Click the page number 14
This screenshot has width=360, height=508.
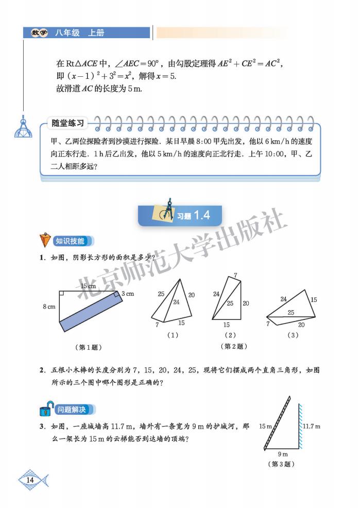click(x=30, y=480)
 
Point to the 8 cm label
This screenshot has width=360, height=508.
click(x=49, y=307)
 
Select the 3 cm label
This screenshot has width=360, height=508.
click(x=128, y=294)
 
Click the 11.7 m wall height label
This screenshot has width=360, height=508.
click(x=311, y=426)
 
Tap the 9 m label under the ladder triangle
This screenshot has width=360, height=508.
click(x=282, y=454)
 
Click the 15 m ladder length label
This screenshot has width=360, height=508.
click(x=265, y=426)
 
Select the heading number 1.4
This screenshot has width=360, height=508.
click(x=201, y=216)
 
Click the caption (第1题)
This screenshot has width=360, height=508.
click(x=88, y=347)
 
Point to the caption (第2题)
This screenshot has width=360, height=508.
click(x=233, y=346)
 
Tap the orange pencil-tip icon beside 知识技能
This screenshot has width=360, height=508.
click(x=45, y=241)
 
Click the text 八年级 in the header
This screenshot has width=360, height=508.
click(x=68, y=32)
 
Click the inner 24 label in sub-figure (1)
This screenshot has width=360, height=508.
click(x=176, y=302)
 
